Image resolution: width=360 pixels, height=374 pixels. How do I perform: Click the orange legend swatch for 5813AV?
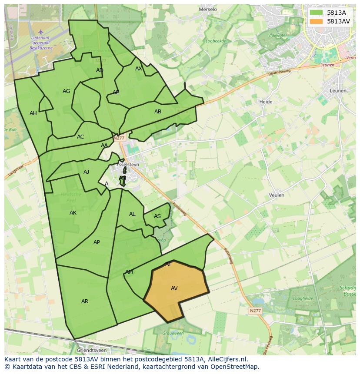317,21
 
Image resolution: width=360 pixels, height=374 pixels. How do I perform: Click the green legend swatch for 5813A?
317,13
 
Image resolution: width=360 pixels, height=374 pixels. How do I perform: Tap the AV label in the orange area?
174,288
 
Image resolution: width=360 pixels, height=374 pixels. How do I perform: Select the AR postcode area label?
85,301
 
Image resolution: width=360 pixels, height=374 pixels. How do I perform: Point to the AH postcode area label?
33,113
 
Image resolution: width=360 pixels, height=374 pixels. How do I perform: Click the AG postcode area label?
66,91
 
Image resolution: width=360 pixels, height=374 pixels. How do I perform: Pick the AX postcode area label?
139,69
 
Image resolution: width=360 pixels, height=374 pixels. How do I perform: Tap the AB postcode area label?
158,112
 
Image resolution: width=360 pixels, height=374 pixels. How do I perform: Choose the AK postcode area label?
73,213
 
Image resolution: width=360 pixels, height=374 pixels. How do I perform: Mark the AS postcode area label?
157,216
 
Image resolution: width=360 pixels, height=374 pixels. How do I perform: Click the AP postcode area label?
97,242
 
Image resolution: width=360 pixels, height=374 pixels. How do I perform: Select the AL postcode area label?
132,214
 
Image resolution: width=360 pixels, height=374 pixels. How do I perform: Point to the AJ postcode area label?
86,172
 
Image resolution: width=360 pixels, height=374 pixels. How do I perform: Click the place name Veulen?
277,195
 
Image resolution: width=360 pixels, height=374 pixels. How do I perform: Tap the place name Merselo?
207,9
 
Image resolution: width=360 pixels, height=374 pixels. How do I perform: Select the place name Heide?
266,102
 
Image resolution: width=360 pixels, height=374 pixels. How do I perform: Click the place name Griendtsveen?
91,350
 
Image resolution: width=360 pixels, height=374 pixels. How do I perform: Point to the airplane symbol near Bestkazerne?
41,31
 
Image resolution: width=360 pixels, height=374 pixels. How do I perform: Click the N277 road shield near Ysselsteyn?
119,138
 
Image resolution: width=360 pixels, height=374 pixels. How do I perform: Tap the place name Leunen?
338,91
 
